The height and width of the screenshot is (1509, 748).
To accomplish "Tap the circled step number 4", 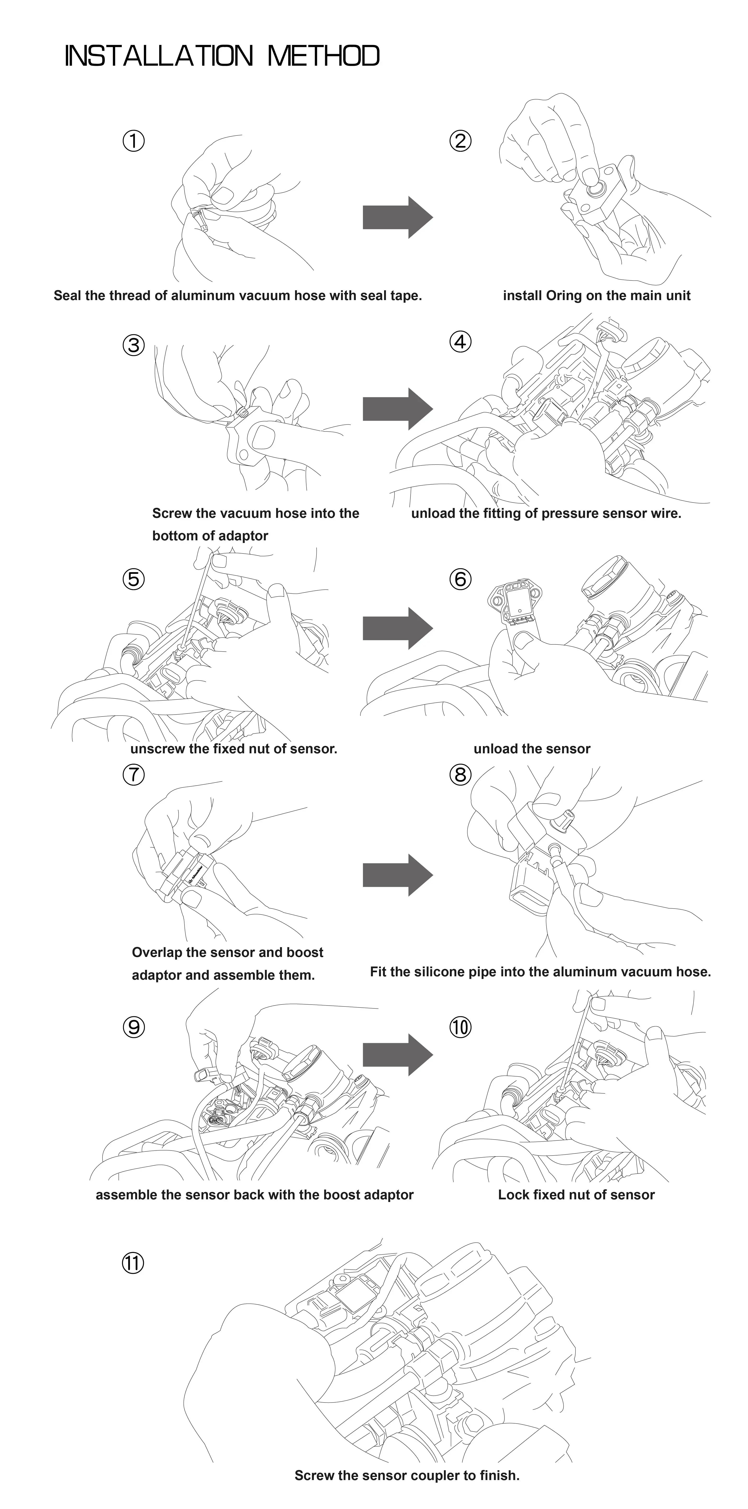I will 460,341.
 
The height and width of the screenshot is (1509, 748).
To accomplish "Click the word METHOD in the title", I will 323,56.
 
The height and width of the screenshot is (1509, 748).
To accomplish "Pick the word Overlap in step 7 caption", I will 156,952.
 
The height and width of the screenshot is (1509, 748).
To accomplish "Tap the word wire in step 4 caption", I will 668,514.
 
